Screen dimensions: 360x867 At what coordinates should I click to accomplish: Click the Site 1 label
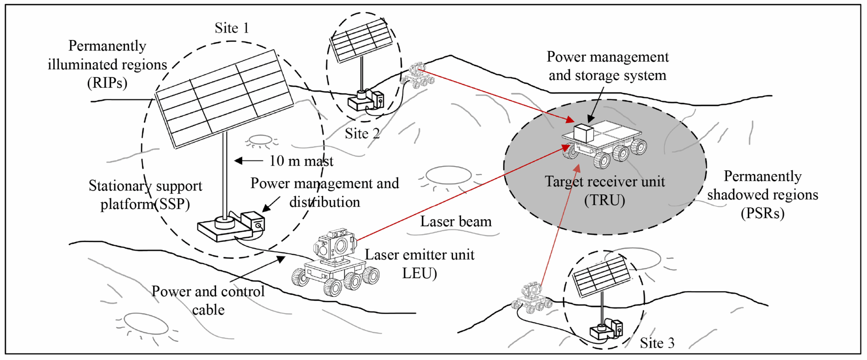[232, 28]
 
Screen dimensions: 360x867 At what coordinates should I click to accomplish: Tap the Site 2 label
[362, 133]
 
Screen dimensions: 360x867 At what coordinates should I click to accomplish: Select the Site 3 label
[657, 343]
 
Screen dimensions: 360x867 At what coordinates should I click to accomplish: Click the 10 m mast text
[301, 161]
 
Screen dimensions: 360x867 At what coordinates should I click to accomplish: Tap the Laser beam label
[455, 222]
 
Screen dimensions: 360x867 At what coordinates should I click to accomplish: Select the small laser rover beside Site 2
[418, 76]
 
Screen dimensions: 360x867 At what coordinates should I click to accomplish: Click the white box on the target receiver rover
[583, 133]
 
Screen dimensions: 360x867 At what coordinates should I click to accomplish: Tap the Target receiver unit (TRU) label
[605, 190]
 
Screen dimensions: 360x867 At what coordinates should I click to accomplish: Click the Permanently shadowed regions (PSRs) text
[762, 194]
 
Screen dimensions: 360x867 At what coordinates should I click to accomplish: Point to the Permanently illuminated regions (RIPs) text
[107, 64]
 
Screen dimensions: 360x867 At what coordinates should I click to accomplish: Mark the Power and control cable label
[208, 300]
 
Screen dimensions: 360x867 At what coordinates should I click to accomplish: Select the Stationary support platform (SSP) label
[145, 195]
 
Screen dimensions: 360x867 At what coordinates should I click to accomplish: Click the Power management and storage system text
[607, 66]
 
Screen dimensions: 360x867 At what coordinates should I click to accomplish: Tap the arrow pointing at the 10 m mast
[248, 161]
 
